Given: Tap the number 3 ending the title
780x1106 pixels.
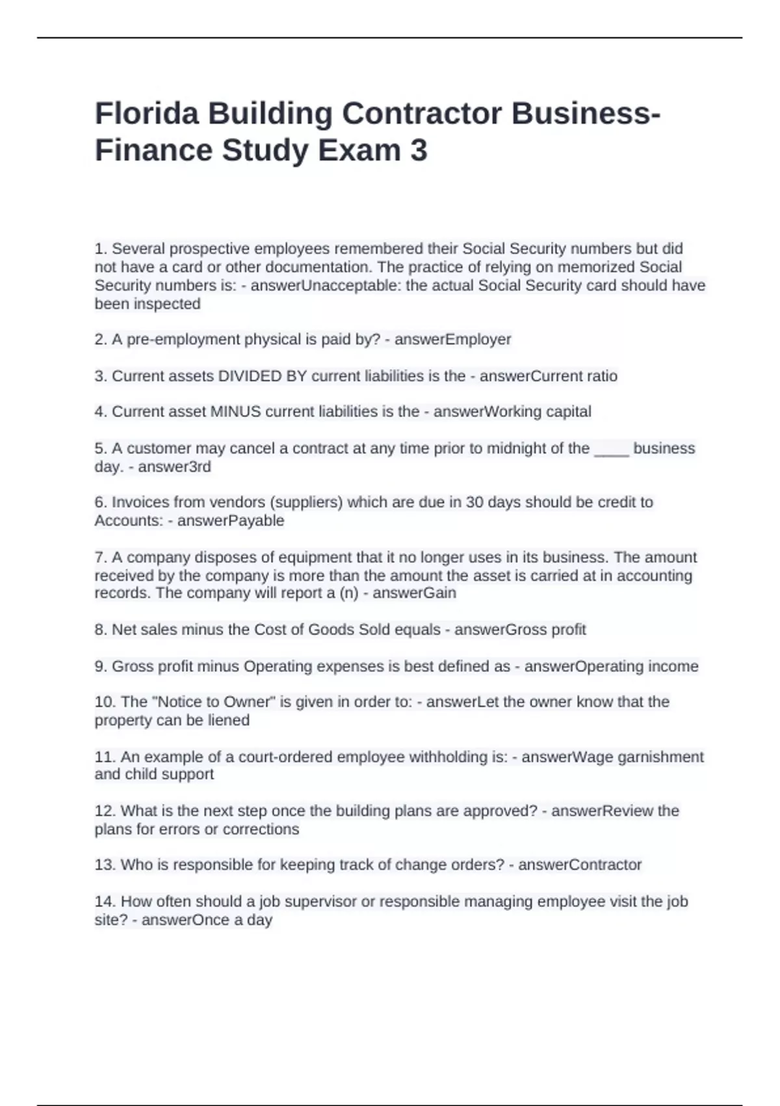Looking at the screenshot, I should [x=419, y=150].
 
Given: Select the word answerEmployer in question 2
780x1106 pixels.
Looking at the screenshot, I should [x=452, y=340].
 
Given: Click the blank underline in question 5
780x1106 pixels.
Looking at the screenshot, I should [x=612, y=449].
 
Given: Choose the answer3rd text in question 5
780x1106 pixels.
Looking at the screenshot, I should [x=174, y=467].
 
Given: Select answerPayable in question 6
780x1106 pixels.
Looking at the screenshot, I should [x=231, y=520].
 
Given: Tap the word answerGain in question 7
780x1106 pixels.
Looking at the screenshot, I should [x=414, y=593].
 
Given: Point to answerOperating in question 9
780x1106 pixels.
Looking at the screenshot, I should [x=566, y=666].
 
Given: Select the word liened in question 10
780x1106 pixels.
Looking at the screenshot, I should [x=228, y=720].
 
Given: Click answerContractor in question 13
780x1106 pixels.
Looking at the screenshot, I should [x=580, y=865].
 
